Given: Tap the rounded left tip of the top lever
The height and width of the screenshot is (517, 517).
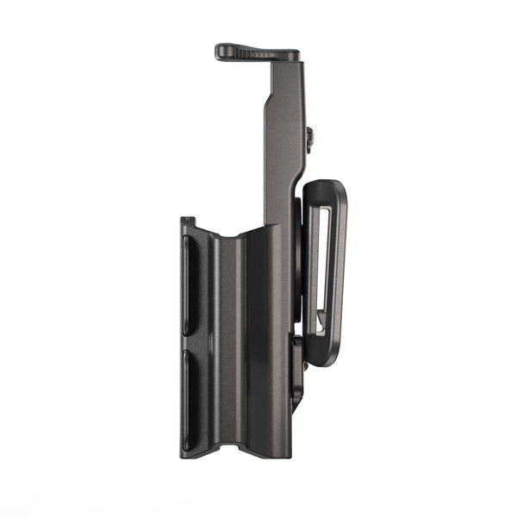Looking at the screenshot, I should click(x=221, y=50).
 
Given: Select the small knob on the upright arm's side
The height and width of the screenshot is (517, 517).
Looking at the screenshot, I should click(x=308, y=137).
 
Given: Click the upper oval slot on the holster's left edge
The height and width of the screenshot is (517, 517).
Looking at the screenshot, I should click(x=190, y=284).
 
